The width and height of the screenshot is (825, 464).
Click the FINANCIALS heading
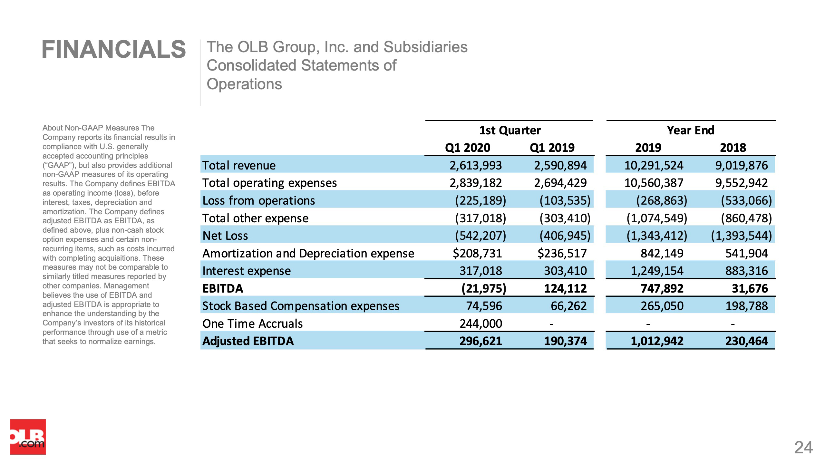(x=114, y=50)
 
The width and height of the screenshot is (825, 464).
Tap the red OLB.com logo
(x=28, y=437)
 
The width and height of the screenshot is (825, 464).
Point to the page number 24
(x=803, y=448)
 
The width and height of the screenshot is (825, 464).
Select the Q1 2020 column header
(x=467, y=148)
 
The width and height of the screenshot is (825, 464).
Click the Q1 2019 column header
(x=552, y=148)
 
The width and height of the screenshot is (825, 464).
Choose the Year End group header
(x=691, y=130)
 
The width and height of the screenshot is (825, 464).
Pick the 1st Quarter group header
(x=510, y=130)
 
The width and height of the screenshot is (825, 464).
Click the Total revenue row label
(x=239, y=165)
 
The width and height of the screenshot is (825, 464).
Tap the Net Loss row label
(x=225, y=236)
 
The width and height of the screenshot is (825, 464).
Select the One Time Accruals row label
(x=253, y=324)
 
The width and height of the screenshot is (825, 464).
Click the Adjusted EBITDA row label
(x=248, y=341)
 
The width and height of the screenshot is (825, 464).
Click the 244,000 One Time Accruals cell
(x=481, y=324)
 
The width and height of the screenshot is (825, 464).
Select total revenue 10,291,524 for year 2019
(x=654, y=165)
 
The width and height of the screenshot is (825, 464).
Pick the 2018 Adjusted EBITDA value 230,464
(x=747, y=341)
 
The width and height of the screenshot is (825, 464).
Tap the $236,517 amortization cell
(x=562, y=253)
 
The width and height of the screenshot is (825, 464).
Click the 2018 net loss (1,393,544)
(x=742, y=236)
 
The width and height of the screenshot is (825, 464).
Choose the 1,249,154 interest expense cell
(x=657, y=271)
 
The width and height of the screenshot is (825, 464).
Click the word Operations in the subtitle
(x=244, y=84)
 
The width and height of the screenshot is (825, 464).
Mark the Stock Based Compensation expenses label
(x=301, y=306)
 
